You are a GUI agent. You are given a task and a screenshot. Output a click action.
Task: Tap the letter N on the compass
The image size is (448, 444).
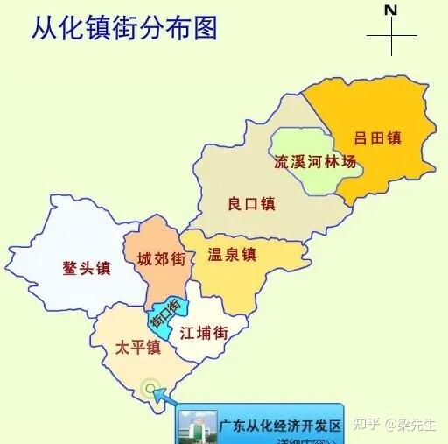pos(391,11)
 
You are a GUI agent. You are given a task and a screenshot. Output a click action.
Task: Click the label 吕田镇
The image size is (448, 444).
pos(377,137)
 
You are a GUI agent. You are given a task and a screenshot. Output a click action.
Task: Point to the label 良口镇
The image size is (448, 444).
pos(251,204)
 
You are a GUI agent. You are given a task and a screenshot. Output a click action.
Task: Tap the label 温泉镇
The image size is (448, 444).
pos(231,255)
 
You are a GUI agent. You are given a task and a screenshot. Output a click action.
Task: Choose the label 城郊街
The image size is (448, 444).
pos(161,259)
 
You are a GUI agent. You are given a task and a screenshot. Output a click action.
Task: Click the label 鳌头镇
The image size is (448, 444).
pos(87,268)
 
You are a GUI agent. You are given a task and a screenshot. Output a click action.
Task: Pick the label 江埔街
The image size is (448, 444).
pos(204,334)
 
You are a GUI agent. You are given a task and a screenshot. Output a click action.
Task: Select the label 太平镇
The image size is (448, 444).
pos(138,348)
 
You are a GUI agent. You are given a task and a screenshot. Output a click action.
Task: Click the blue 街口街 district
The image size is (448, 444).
pos(166,316)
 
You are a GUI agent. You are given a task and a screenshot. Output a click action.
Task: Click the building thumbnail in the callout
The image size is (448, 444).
pos(194,427)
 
